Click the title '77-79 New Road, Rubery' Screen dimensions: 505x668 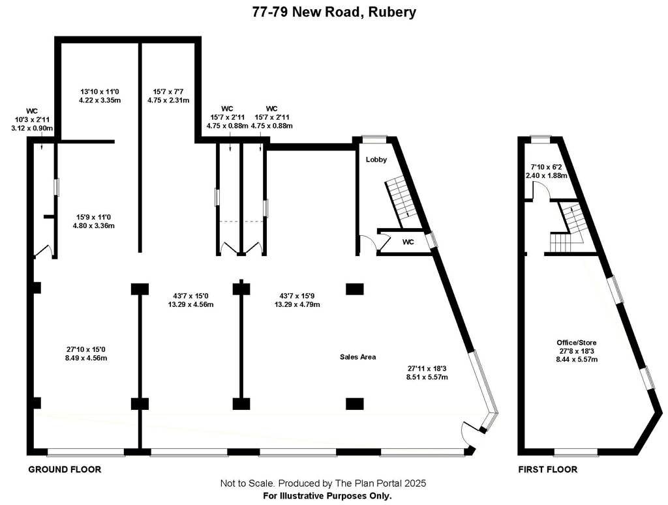[334, 12]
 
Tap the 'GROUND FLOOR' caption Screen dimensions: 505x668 [65, 469]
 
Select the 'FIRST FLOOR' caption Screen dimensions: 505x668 [547, 469]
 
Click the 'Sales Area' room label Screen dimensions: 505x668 [357, 357]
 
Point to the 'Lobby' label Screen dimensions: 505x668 [376, 160]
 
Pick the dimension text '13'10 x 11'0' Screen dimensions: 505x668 [100, 92]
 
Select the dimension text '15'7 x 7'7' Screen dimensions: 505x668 [168, 92]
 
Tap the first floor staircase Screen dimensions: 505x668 [569, 228]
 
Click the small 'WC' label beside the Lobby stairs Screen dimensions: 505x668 [408, 242]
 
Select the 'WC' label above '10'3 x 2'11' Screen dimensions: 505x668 [32, 111]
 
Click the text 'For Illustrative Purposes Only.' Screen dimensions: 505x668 [327, 496]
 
